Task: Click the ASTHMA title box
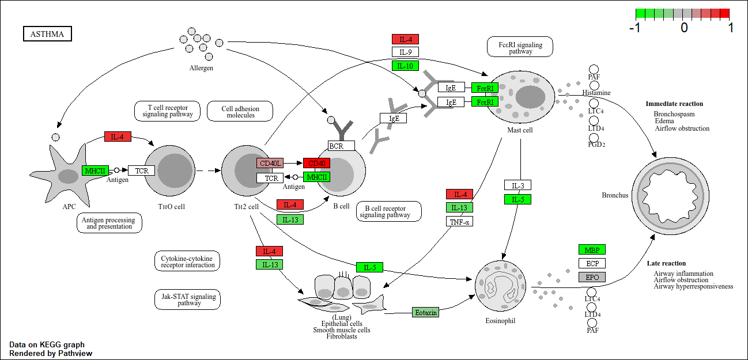[x=47, y=35]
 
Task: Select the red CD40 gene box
[x=316, y=163]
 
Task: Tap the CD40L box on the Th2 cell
[x=270, y=163]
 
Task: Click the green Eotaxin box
[x=426, y=312]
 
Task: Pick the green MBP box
[x=592, y=249]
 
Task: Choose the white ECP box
[x=592, y=263]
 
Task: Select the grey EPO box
[x=592, y=277]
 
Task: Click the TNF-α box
[x=459, y=221]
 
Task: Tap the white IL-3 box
[x=517, y=185]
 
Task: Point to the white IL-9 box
[x=405, y=52]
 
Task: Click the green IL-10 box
[x=405, y=66]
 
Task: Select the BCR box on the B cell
[x=341, y=146]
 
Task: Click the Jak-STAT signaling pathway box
[x=187, y=300]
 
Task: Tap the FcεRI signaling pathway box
[x=520, y=47]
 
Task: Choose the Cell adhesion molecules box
[x=240, y=112]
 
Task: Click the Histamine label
[x=596, y=93]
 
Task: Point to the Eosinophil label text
[x=500, y=320]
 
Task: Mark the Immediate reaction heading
[x=674, y=104]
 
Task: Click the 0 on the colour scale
[x=683, y=27]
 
